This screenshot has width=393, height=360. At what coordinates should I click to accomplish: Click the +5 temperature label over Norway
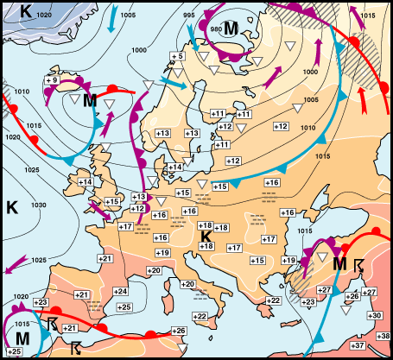(177, 57)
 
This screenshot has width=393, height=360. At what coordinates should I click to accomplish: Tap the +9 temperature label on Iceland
(50, 80)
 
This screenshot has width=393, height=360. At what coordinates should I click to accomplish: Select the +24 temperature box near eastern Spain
(121, 292)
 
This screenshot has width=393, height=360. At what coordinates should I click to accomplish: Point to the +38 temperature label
(385, 335)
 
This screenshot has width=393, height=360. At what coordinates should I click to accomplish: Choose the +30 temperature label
(374, 316)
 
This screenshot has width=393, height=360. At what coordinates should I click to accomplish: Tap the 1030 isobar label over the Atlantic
(40, 205)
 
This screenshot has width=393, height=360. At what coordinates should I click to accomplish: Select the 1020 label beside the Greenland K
(44, 16)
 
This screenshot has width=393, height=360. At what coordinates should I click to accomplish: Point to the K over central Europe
(206, 236)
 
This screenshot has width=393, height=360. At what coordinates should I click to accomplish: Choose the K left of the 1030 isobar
(12, 207)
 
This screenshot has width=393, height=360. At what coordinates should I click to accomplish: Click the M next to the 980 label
(231, 28)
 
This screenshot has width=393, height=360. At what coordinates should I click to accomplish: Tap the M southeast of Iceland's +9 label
(89, 101)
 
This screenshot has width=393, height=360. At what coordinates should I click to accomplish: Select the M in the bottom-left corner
(22, 336)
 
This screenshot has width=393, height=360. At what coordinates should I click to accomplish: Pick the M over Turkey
(340, 262)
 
